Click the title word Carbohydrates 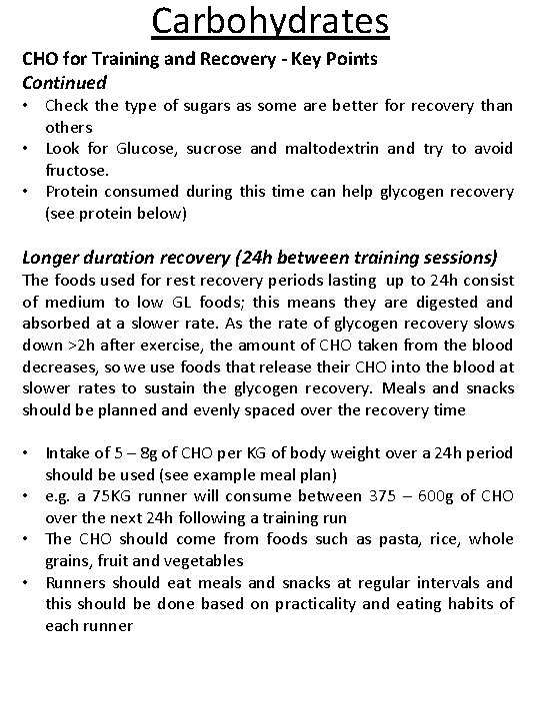click(270, 21)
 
